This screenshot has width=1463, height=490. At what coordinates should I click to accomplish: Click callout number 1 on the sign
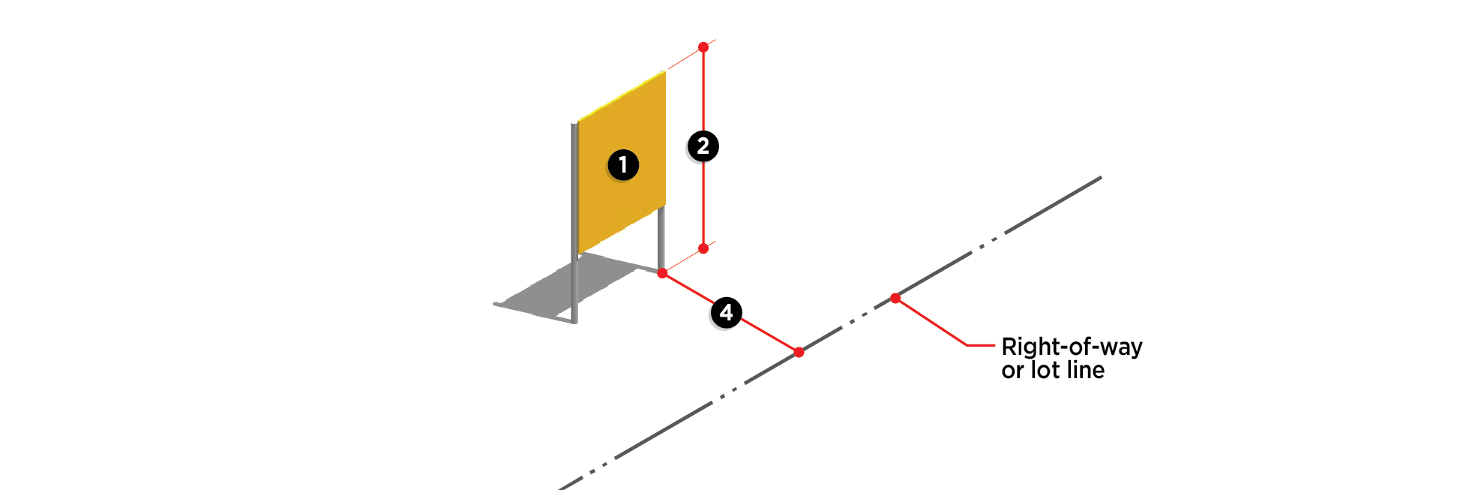click(x=622, y=165)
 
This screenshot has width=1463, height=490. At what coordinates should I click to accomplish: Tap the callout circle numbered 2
click(x=703, y=146)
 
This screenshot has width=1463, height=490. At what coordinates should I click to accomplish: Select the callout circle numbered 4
click(x=726, y=313)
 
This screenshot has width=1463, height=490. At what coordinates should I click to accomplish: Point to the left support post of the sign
click(x=575, y=285)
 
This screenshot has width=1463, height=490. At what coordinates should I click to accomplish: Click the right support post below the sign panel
click(x=661, y=236)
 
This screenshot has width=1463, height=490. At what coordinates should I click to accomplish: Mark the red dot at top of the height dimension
click(x=703, y=47)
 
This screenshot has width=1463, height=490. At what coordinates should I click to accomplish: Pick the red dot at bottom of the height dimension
click(x=703, y=248)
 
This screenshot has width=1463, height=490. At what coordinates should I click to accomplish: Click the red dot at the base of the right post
click(x=662, y=273)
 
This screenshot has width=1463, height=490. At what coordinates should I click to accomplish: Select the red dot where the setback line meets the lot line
click(x=799, y=352)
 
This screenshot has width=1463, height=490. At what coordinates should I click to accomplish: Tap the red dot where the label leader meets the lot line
click(x=895, y=299)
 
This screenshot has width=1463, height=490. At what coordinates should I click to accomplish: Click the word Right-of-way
click(x=1072, y=347)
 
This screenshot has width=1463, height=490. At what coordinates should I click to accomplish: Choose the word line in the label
click(x=1084, y=370)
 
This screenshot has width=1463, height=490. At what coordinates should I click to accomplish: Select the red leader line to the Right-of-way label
click(x=937, y=325)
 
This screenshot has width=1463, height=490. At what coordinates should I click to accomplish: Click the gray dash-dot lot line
click(x=1050, y=207)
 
